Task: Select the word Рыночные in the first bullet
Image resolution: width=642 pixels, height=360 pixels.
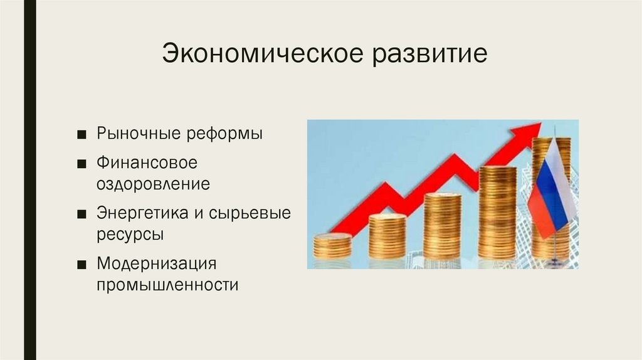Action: tap(137, 134)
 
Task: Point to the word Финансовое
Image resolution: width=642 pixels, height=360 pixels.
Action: tap(147, 163)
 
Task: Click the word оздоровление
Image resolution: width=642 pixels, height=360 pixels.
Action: tap(153, 185)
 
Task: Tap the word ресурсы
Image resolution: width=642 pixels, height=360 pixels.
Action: tap(130, 235)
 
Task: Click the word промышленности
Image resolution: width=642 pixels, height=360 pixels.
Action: tap(167, 285)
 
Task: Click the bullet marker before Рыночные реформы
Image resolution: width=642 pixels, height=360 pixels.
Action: tap(83, 135)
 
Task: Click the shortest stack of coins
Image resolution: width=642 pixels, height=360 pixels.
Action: tap(332, 246)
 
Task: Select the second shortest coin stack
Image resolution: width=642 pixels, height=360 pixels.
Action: tap(387, 236)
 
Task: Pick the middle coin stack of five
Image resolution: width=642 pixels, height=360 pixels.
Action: tap(442, 226)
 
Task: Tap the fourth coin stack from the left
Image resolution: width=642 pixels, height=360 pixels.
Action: tap(497, 213)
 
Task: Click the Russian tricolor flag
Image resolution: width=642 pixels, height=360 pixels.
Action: tap(550, 188)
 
